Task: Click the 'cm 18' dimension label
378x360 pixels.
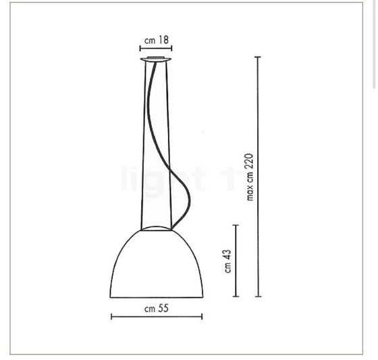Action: pos(156,40)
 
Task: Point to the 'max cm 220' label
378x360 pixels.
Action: pos(249,177)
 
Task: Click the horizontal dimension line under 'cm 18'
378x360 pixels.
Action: pos(156,49)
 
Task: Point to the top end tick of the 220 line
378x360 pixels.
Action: pos(257,58)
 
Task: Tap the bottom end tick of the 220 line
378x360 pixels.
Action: pos(257,297)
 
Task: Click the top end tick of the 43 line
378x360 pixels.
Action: pos(235,224)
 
